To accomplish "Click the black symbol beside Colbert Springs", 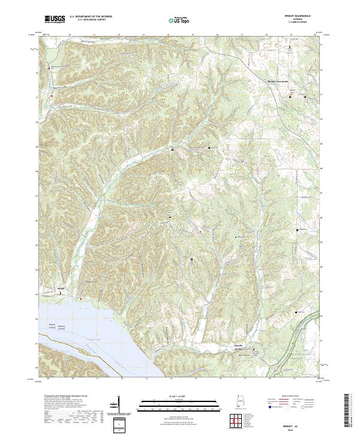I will (253, 349).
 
